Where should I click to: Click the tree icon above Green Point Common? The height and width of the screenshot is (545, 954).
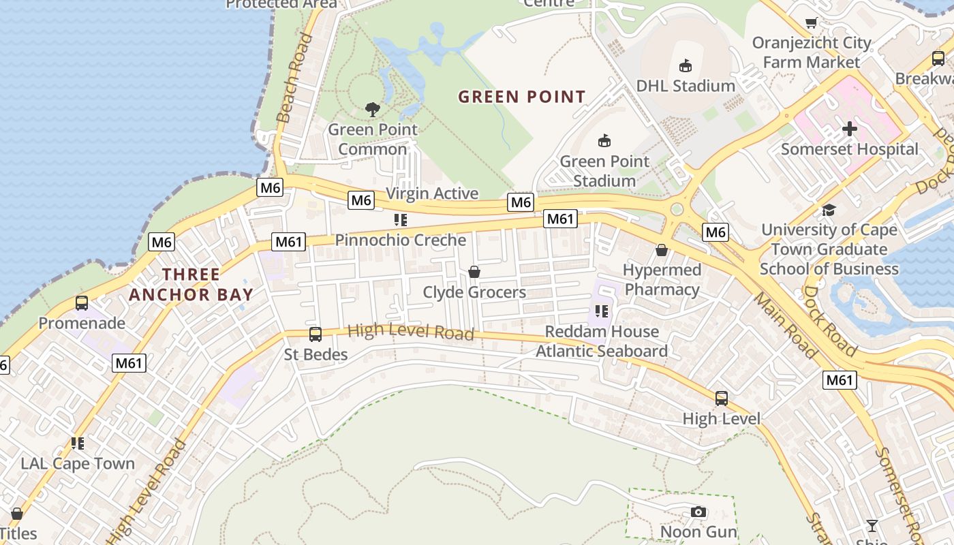click(x=372, y=109)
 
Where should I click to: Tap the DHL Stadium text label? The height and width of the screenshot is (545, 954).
click(x=685, y=86)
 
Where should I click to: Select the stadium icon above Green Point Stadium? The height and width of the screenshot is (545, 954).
click(x=604, y=141)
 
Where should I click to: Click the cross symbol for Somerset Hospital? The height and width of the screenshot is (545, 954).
click(x=849, y=128)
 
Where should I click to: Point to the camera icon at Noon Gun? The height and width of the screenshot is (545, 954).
click(x=698, y=512)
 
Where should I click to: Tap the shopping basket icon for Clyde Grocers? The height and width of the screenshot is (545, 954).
click(x=474, y=272)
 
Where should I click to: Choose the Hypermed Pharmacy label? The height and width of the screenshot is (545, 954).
click(x=662, y=280)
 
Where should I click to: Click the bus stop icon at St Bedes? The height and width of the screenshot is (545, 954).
click(x=315, y=334)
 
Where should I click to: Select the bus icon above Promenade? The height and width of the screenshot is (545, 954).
click(x=82, y=303)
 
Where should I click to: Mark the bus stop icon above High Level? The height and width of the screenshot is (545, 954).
click(x=721, y=399)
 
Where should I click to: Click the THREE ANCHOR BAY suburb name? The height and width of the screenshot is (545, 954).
click(x=191, y=285)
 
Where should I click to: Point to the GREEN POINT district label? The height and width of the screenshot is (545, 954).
click(x=521, y=97)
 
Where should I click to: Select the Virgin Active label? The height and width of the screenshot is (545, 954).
click(x=432, y=193)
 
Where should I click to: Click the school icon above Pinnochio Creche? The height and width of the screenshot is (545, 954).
click(x=401, y=220)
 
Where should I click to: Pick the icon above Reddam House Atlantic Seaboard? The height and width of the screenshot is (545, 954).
click(x=601, y=311)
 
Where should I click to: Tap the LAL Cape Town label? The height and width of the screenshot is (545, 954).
click(x=78, y=464)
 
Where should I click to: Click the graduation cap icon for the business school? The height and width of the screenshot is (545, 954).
click(x=828, y=210)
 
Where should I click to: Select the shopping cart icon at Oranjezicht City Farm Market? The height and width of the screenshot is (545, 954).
click(x=811, y=23)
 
